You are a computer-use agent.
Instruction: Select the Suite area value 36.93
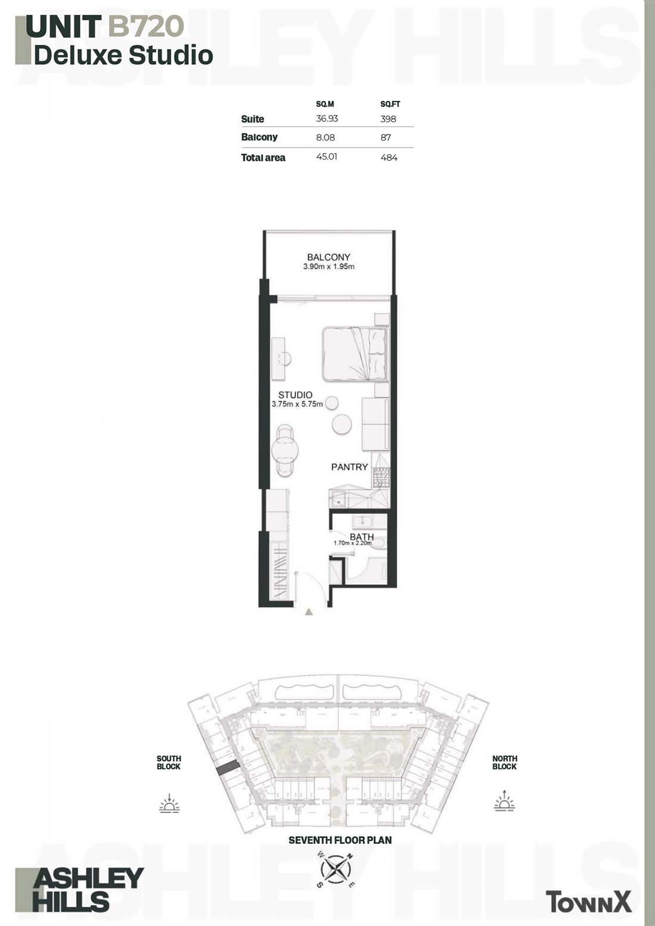[327, 119]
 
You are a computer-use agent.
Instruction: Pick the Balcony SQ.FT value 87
[386, 137]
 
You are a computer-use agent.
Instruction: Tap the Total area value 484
[389, 157]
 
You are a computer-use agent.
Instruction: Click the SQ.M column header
[325, 104]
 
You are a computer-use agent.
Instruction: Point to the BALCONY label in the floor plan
[329, 257]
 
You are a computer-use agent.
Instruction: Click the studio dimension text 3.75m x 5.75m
[297, 404]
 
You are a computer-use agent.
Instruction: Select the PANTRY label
[349, 467]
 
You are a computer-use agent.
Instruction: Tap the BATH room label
[361, 537]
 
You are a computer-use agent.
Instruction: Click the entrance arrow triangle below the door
[308, 612]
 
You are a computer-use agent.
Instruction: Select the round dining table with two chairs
[286, 451]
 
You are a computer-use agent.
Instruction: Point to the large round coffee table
[342, 424]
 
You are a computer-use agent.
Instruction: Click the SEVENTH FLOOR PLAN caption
[340, 840]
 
